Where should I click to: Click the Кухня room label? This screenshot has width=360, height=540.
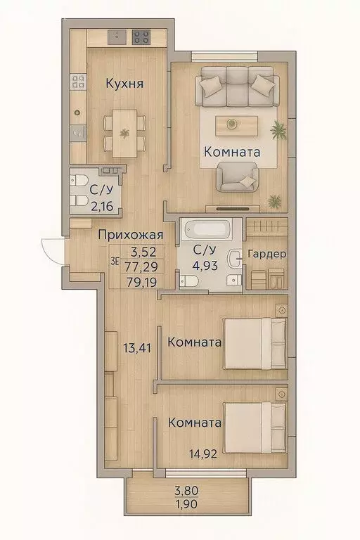(x=124, y=84)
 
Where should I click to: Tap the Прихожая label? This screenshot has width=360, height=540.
(x=131, y=236)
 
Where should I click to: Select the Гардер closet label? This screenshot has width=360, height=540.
(x=267, y=255)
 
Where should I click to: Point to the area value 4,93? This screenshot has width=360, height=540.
(x=207, y=265)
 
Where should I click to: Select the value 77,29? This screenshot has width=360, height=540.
(x=141, y=268)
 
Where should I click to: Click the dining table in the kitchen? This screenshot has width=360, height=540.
(x=124, y=134)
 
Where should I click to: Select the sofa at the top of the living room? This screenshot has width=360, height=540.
(x=234, y=86)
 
